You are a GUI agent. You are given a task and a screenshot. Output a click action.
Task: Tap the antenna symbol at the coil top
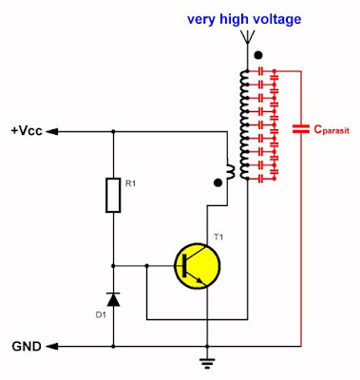pos(248,38)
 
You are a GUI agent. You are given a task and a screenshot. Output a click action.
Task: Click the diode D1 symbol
pos(114,300)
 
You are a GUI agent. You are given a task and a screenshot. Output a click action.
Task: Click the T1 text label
pos(218,236)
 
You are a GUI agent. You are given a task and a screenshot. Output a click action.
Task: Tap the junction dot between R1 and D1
pos(114,265)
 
